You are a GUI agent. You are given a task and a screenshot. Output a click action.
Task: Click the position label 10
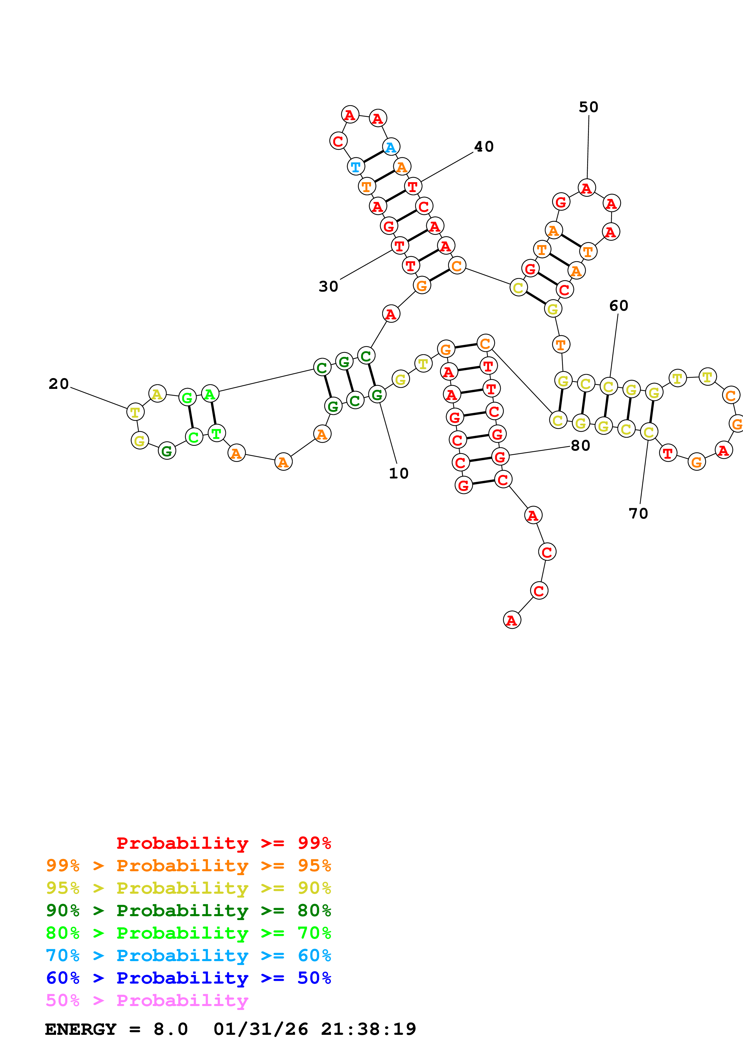[x=398, y=473]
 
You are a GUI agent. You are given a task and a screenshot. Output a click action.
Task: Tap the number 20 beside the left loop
[x=59, y=383]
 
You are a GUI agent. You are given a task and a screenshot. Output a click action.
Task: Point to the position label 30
[x=328, y=286]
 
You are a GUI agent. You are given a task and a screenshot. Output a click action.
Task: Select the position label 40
[x=484, y=147]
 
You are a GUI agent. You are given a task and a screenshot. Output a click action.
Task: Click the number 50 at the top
[x=588, y=107]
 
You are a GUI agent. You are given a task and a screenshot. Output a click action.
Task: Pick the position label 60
[x=619, y=306]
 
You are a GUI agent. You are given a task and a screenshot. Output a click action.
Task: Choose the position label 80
[x=581, y=446]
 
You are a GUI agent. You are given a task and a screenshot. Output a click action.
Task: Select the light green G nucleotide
[x=187, y=397]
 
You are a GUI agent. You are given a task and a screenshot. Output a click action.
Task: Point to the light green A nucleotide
[x=210, y=394]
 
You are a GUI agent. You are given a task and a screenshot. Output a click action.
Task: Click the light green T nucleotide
[x=216, y=433]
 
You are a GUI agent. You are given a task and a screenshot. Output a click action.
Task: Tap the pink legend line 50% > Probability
[x=147, y=1000]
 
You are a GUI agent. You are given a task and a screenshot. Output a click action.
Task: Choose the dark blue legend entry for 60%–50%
[x=188, y=978]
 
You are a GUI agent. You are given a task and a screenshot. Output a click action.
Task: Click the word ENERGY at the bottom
[x=81, y=1029]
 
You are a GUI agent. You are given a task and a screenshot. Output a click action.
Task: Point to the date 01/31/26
[x=260, y=1029]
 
